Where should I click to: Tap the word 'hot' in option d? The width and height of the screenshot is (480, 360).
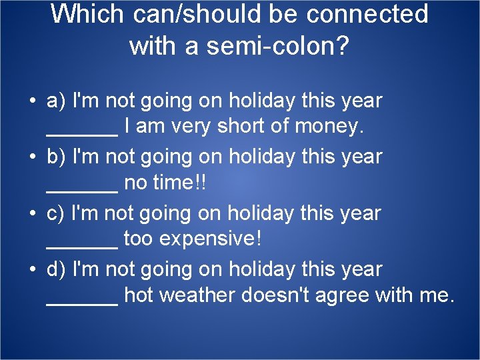point(139,295)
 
